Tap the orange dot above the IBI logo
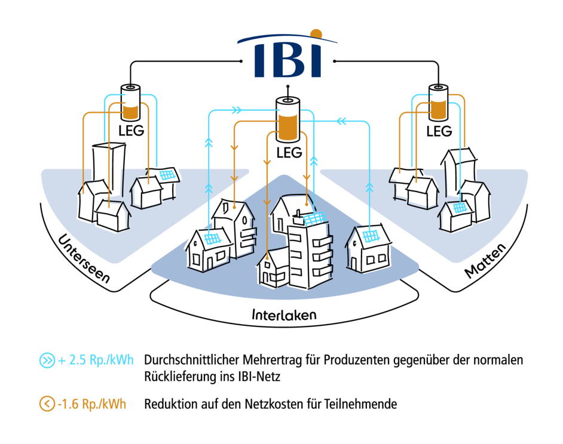pyautogui.click(x=316, y=33)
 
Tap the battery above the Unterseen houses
pyautogui.click(x=130, y=102)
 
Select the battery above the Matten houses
pyautogui.click(x=438, y=101)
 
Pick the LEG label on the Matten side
pyautogui.click(x=439, y=131)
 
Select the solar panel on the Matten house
pyautogui.click(x=459, y=208)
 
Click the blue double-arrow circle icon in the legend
pyautogui.click(x=47, y=360)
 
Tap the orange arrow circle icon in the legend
pyautogui.click(x=47, y=404)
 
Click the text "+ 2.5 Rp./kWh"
pyautogui.click(x=96, y=360)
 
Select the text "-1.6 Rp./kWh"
pyautogui.click(x=91, y=404)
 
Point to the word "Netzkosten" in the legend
pyautogui.click(x=281, y=404)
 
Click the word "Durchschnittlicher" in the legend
pyautogui.click(x=190, y=360)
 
